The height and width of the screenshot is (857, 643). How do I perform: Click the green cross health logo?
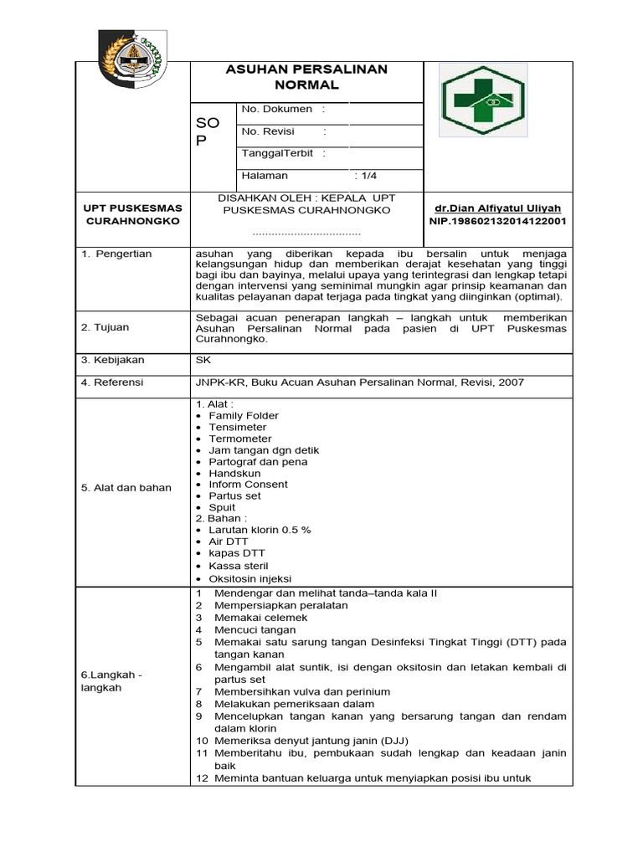click(x=484, y=100)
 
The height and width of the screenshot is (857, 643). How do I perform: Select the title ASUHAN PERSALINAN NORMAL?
click(x=306, y=77)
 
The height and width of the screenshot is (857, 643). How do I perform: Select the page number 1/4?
click(x=368, y=176)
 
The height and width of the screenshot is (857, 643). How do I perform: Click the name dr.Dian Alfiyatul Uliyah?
click(x=497, y=208)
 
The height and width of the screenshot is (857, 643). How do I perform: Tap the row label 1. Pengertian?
click(x=117, y=254)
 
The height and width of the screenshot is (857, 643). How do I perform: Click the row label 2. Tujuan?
click(x=105, y=327)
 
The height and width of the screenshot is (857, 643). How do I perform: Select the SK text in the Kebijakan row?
click(x=203, y=360)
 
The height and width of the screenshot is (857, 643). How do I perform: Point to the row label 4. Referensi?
click(x=112, y=382)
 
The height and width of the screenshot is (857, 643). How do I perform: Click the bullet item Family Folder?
click(x=244, y=416)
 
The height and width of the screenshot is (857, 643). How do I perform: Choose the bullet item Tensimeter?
click(x=238, y=427)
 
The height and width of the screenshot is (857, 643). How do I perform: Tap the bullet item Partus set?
click(x=234, y=495)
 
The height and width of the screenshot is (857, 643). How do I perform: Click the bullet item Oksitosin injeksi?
click(x=249, y=578)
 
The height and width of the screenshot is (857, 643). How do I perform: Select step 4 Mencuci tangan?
click(x=255, y=629)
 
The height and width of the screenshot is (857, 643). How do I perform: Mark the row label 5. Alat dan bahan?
click(x=126, y=488)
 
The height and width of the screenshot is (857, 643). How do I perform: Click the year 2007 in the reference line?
click(x=511, y=382)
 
